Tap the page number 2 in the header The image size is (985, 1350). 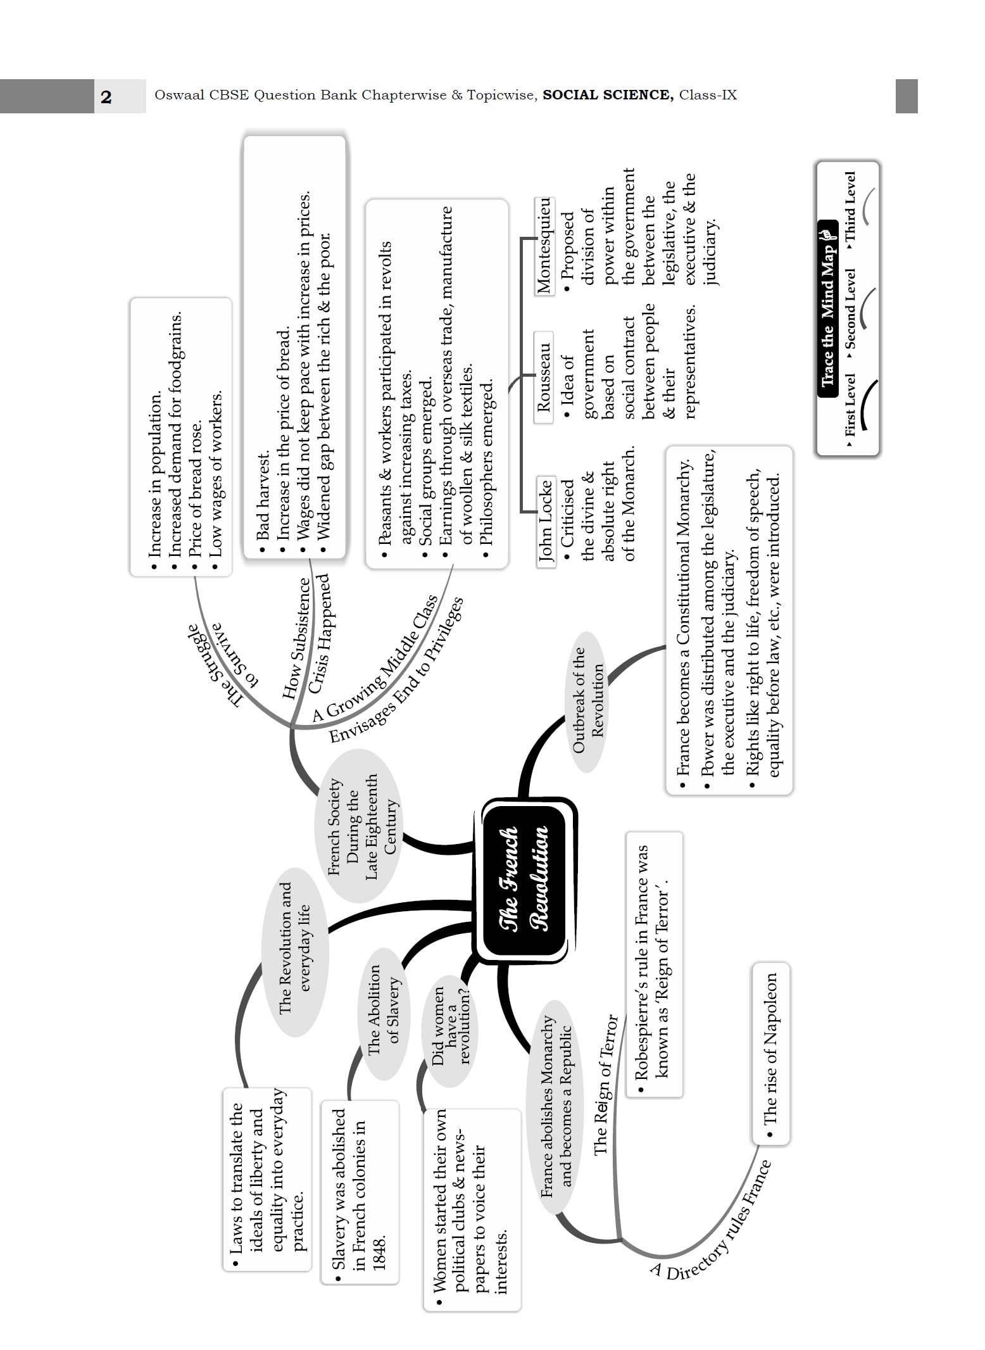coord(106,97)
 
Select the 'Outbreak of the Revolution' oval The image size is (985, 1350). coord(588,701)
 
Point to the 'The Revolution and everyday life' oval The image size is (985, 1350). coord(295,947)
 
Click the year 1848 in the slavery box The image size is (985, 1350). coord(379,1251)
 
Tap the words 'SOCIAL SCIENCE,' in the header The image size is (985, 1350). coord(608,96)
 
